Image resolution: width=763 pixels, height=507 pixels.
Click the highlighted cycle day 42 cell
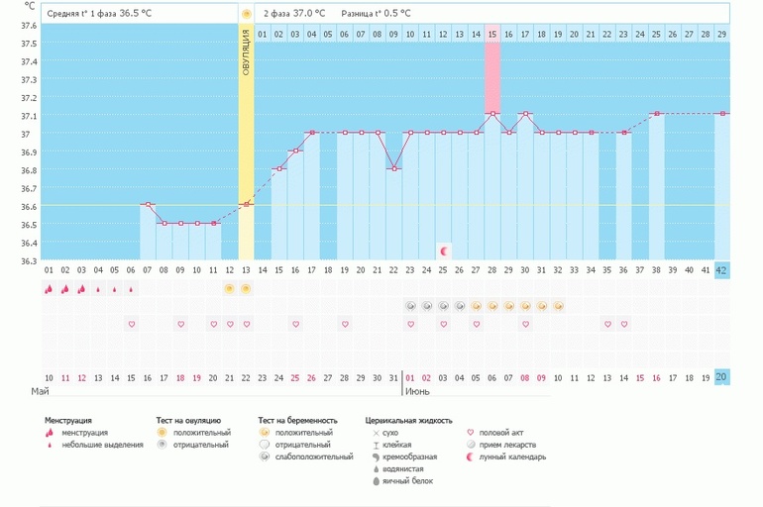[x=721, y=269]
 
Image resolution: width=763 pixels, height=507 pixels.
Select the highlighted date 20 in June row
[x=721, y=377]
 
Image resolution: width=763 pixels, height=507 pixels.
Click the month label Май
[x=40, y=392]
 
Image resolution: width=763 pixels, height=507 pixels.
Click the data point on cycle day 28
[x=492, y=114]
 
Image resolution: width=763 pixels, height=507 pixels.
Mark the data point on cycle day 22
[x=394, y=169]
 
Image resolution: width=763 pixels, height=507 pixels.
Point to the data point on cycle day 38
[x=656, y=114]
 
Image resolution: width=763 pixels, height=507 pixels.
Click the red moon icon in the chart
[x=444, y=251]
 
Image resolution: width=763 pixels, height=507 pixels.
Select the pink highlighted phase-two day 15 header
[x=492, y=35]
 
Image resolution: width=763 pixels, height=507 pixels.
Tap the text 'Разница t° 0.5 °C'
[x=376, y=14]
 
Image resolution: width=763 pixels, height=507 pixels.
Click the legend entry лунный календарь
[x=512, y=456]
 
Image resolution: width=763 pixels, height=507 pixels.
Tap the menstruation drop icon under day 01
[x=48, y=289]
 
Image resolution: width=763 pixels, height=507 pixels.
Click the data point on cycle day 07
[x=148, y=205]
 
